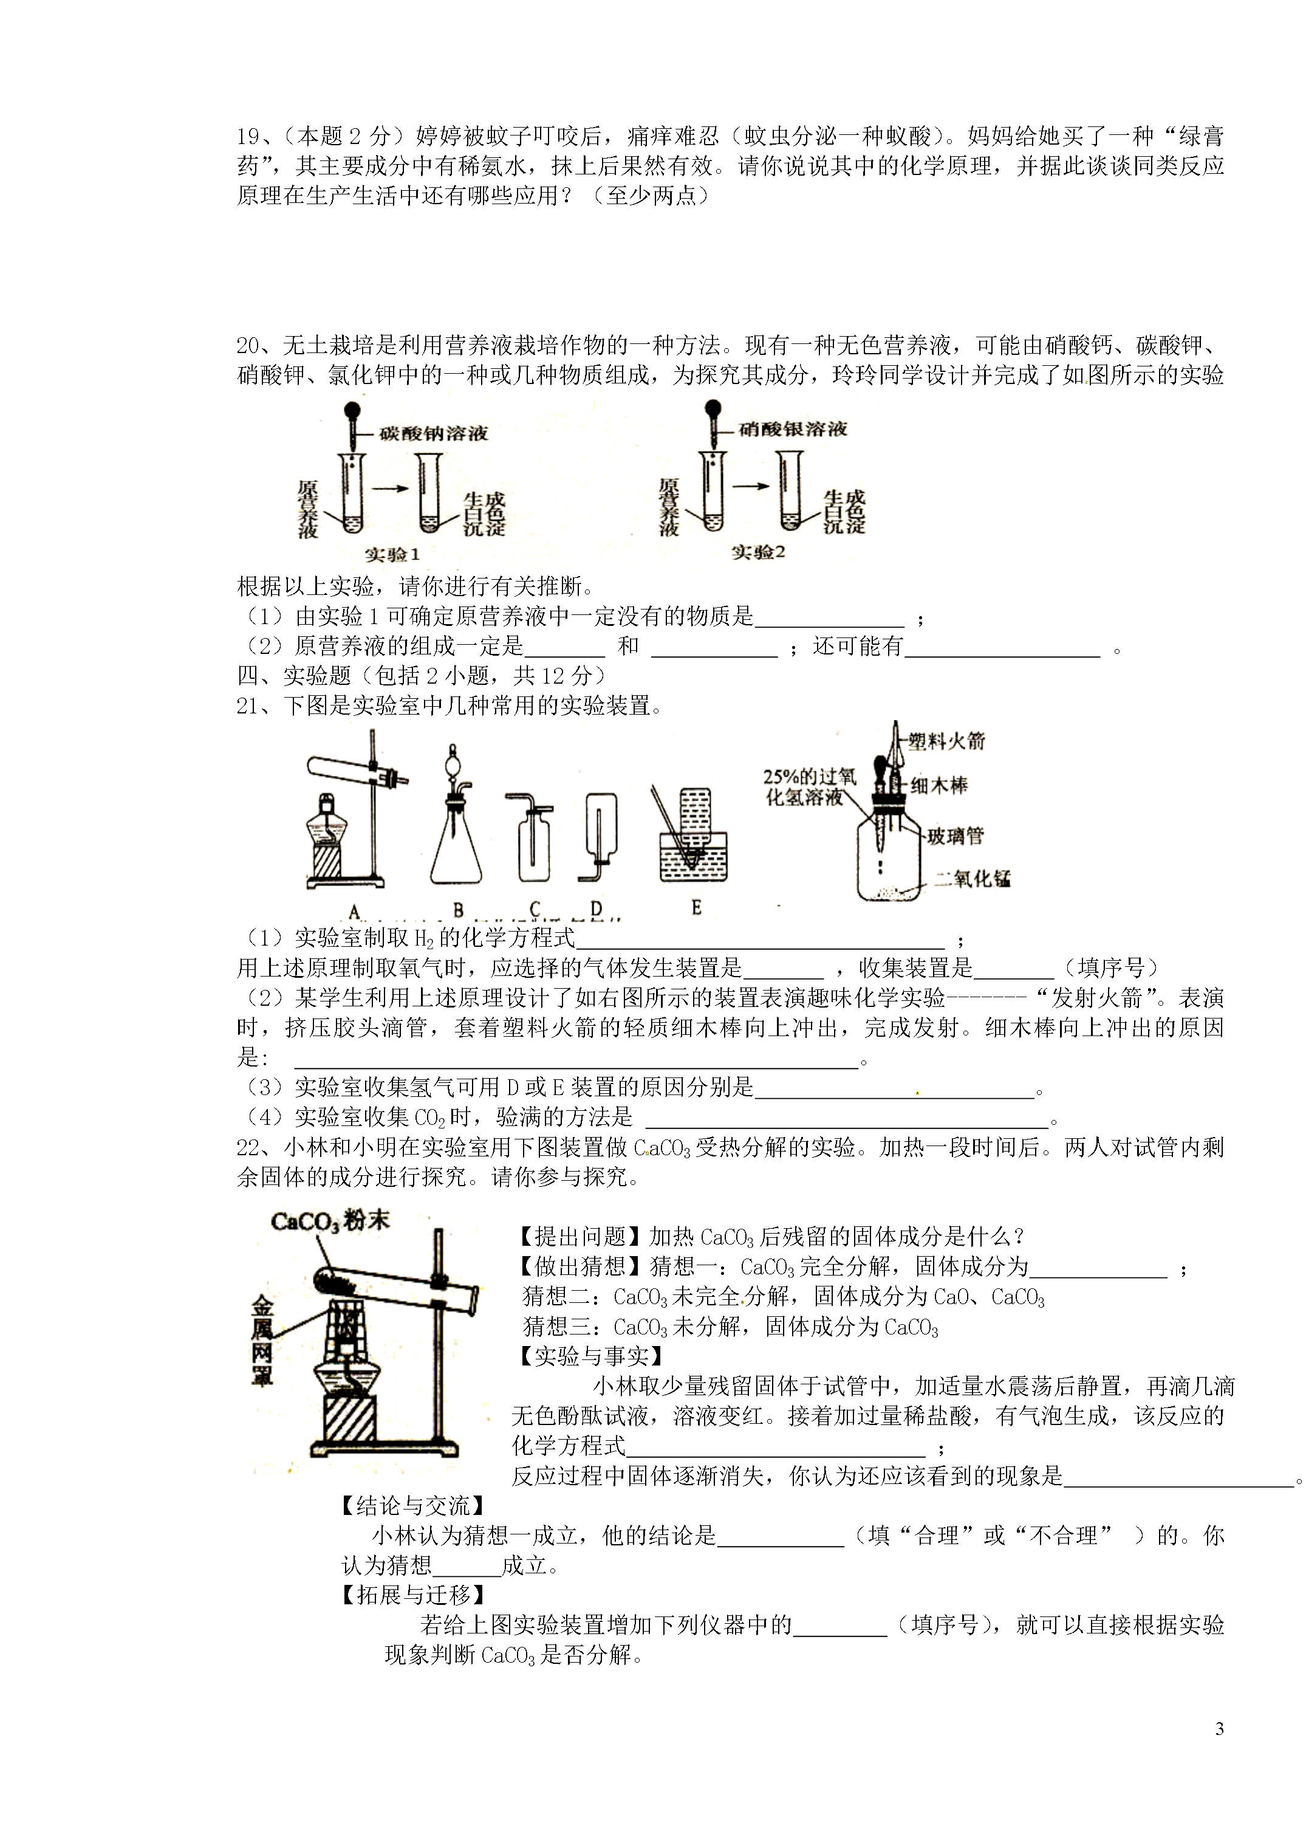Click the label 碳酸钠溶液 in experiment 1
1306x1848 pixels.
click(x=434, y=434)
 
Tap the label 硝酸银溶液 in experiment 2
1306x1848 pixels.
click(x=793, y=429)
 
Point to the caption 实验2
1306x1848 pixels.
click(x=757, y=552)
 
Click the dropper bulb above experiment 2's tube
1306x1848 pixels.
click(x=711, y=408)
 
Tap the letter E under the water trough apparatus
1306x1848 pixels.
click(x=696, y=907)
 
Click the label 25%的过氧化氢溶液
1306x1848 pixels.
click(x=808, y=786)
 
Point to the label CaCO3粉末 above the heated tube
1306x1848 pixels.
click(x=329, y=1221)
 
